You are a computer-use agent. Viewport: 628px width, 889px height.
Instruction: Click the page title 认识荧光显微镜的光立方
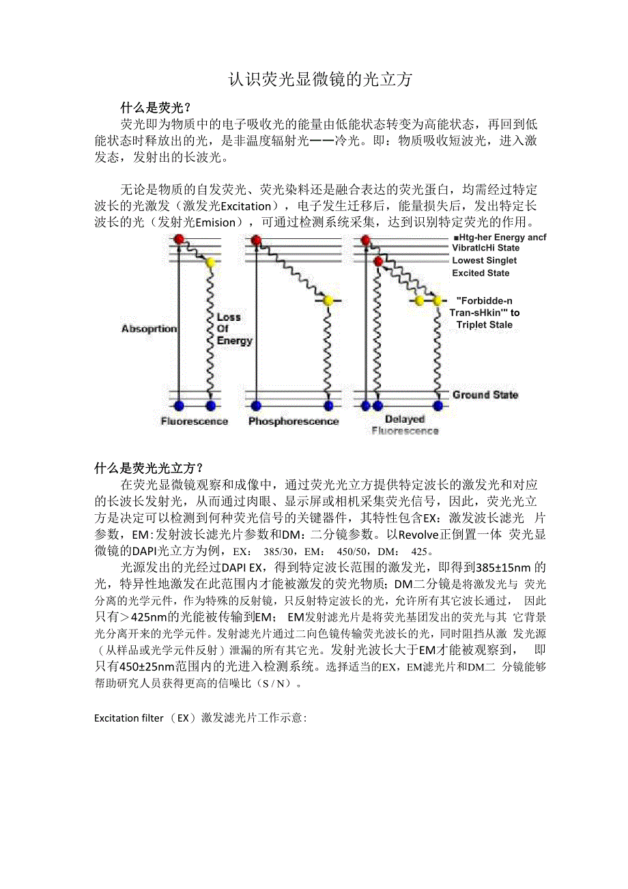pyautogui.click(x=320, y=80)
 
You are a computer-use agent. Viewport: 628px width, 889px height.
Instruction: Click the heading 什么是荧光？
pyautogui.click(x=155, y=107)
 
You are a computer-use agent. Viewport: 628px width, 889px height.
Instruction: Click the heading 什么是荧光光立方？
pyautogui.click(x=149, y=468)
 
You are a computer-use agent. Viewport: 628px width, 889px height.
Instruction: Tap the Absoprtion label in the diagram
pyautogui.click(x=149, y=329)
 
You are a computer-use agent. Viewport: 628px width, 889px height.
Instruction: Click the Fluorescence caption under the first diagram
pyautogui.click(x=194, y=421)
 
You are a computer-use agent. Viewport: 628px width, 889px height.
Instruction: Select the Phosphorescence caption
pyautogui.click(x=293, y=421)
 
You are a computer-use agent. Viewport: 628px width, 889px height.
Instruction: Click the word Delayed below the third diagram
pyautogui.click(x=404, y=419)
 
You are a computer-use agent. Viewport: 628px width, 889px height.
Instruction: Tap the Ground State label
pyautogui.click(x=485, y=395)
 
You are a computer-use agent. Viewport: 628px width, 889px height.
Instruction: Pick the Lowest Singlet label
pyautogui.click(x=484, y=260)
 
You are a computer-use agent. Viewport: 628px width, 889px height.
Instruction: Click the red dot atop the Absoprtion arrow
pyautogui.click(x=180, y=239)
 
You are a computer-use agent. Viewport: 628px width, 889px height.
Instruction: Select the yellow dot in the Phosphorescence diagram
pyautogui.click(x=328, y=300)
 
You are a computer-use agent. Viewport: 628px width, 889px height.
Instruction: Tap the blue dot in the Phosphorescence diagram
pyautogui.click(x=328, y=406)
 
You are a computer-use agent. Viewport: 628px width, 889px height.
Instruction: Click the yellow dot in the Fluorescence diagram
pyautogui.click(x=210, y=262)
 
